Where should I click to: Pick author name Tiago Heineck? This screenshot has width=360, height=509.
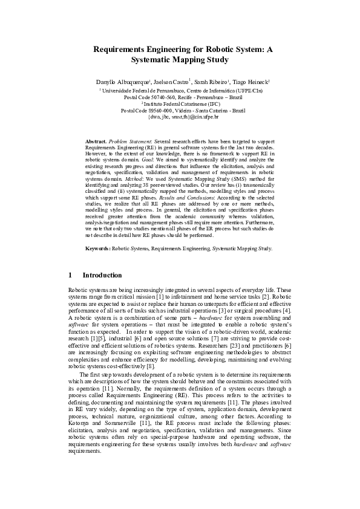pyautogui.click(x=251, y=81)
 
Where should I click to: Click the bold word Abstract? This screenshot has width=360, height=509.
pyautogui.click(x=96, y=140)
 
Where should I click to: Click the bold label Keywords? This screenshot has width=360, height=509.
pyautogui.click(x=98, y=248)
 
